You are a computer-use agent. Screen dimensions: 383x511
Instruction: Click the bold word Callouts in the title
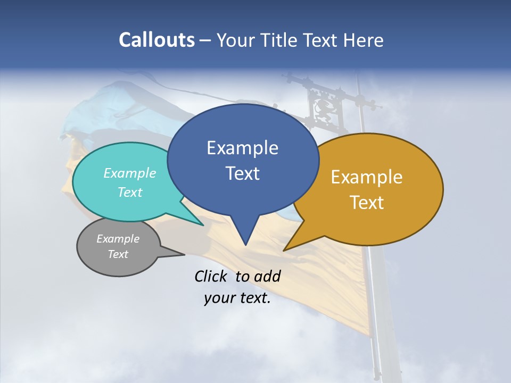(x=156, y=40)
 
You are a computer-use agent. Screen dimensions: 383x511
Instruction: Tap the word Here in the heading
(x=364, y=40)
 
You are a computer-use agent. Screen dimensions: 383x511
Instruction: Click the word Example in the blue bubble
(x=242, y=148)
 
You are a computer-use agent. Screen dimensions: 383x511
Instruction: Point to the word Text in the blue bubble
(x=242, y=173)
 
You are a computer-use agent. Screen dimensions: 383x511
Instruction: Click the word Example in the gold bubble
(x=367, y=177)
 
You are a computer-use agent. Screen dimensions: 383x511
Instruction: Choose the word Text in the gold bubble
(x=367, y=203)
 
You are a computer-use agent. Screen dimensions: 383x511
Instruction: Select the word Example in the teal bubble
(x=129, y=173)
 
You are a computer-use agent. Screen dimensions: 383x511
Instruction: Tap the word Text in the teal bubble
(x=129, y=192)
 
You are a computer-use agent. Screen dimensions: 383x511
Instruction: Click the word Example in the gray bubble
(x=118, y=239)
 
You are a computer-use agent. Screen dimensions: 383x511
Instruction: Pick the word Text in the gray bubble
(x=118, y=254)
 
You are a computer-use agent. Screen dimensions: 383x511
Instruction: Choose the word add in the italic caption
(x=267, y=276)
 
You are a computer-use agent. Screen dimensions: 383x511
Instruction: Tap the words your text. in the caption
(x=237, y=298)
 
